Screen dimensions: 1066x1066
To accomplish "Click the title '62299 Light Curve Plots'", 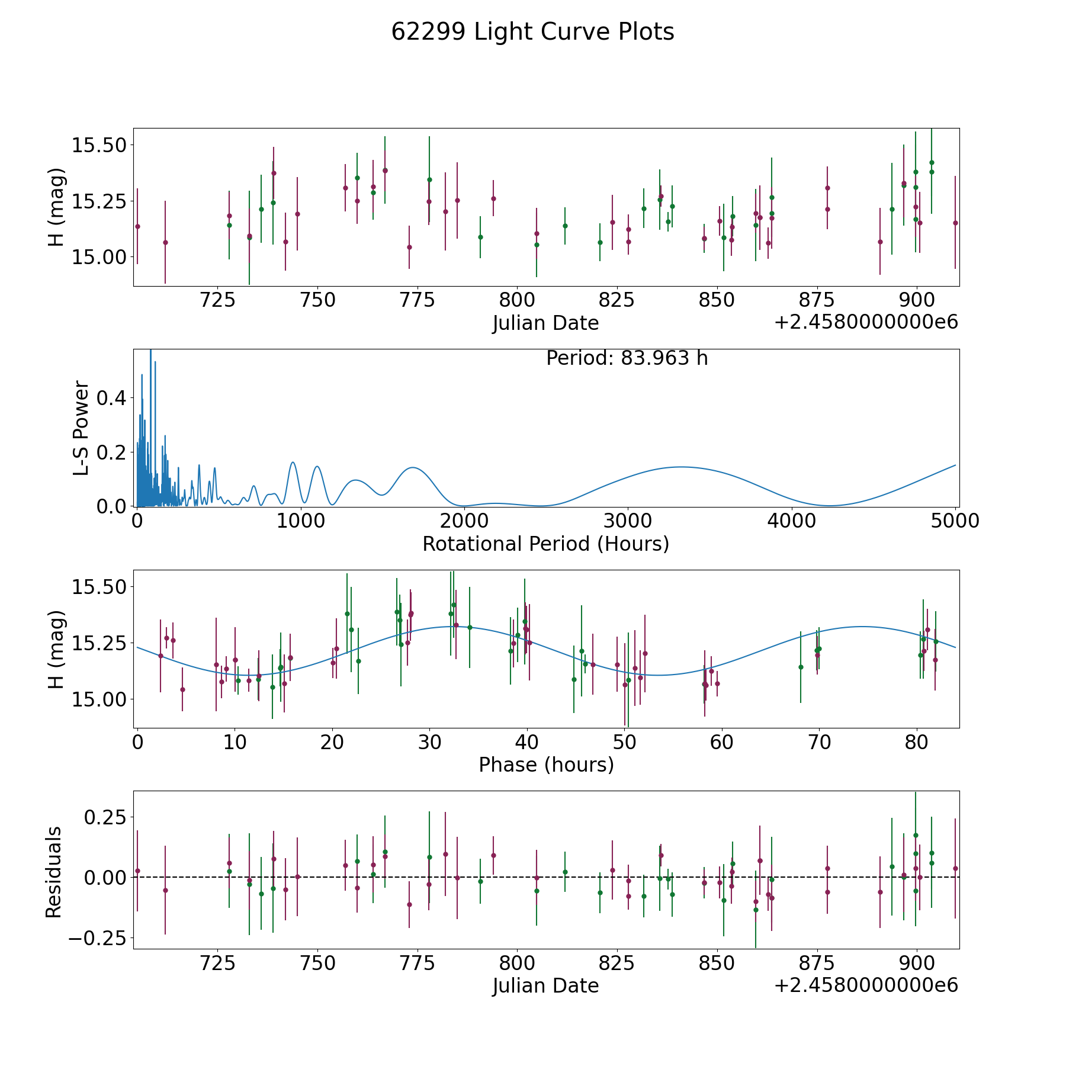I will [532, 32].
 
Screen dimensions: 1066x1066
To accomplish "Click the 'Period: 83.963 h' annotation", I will [627, 358].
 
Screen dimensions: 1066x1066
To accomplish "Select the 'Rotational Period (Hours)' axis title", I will [545, 544].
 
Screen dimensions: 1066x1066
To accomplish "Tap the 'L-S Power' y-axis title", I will [82, 428].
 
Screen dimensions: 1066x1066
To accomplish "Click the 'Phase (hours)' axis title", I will [545, 765].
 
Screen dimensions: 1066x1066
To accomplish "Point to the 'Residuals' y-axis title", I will [54, 872].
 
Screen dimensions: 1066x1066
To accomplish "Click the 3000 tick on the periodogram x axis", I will [628, 521].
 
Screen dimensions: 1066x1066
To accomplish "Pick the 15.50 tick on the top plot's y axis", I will [98, 145].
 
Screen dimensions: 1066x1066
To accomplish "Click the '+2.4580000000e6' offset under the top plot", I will [866, 323].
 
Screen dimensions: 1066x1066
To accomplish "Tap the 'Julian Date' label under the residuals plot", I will [545, 986].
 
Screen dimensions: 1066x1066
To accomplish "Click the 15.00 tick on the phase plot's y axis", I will [98, 699].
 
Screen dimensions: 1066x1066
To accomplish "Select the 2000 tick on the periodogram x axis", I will [464, 521].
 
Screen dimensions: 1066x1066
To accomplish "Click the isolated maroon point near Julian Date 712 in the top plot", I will [165, 242].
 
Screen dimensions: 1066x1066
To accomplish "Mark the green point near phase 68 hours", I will [801, 667].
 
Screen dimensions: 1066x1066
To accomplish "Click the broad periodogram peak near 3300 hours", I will [681, 467].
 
